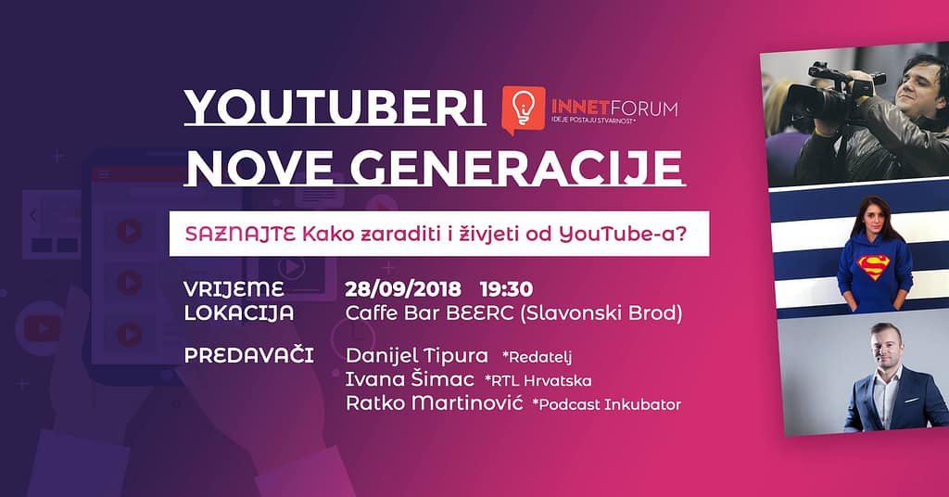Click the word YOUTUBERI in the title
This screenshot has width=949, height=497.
coord(335,109)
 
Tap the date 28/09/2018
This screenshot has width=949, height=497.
coord(404,288)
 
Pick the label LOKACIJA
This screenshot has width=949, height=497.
coord(239,312)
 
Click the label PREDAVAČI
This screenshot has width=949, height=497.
coord(248,356)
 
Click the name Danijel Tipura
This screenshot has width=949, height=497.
coord(416,356)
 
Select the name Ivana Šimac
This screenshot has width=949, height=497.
coord(409,379)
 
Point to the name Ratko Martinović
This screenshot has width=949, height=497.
coord(434,403)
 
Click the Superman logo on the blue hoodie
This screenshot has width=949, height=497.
coord(874,268)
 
